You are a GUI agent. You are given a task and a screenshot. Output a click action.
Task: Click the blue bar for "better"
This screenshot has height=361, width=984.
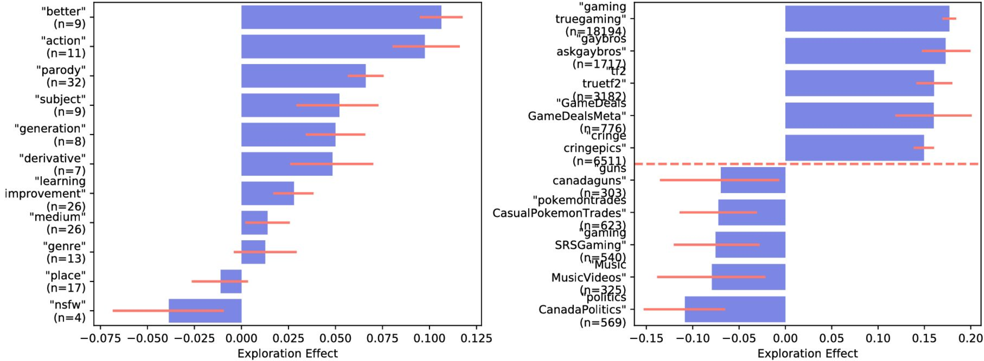coord(340,17)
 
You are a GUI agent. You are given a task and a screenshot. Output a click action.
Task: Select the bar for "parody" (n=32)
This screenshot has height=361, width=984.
coord(303,76)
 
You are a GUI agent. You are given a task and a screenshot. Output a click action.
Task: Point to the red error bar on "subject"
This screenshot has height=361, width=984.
coord(337,105)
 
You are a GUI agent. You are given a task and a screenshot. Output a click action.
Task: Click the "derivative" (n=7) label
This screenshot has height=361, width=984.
coord(53,164)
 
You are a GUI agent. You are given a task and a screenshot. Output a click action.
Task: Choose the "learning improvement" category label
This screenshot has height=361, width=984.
coord(45,193)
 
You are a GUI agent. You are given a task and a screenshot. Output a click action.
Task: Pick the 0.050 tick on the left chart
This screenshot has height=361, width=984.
coord(335,338)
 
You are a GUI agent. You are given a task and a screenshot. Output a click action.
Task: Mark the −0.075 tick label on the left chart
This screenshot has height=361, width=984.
coord(100,338)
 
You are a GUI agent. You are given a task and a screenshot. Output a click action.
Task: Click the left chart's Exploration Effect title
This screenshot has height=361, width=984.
coord(288,353)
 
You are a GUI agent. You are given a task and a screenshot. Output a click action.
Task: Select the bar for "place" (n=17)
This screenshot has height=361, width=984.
coord(231,281)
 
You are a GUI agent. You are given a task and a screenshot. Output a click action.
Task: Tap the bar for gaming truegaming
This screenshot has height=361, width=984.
coord(867,19)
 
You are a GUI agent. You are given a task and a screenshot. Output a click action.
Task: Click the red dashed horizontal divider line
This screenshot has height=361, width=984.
coord(807,164)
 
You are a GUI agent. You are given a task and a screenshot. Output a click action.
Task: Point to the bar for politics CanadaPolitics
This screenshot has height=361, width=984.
coord(735,309)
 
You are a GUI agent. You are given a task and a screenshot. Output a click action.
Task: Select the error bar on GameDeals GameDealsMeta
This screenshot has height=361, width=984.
coord(933,115)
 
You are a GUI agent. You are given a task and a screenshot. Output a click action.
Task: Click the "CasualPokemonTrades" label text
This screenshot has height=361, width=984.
coord(559,213)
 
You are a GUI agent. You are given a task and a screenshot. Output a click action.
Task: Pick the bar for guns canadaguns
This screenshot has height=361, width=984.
coord(753,180)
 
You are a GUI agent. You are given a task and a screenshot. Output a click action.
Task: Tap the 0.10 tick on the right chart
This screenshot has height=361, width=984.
coord(878,338)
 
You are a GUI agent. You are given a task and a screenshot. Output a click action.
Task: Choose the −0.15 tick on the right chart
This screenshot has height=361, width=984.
coord(647,338)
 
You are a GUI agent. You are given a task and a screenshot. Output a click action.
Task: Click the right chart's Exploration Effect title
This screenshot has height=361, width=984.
coord(807,353)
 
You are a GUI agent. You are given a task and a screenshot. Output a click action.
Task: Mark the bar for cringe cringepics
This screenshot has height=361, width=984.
coord(854,148)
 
